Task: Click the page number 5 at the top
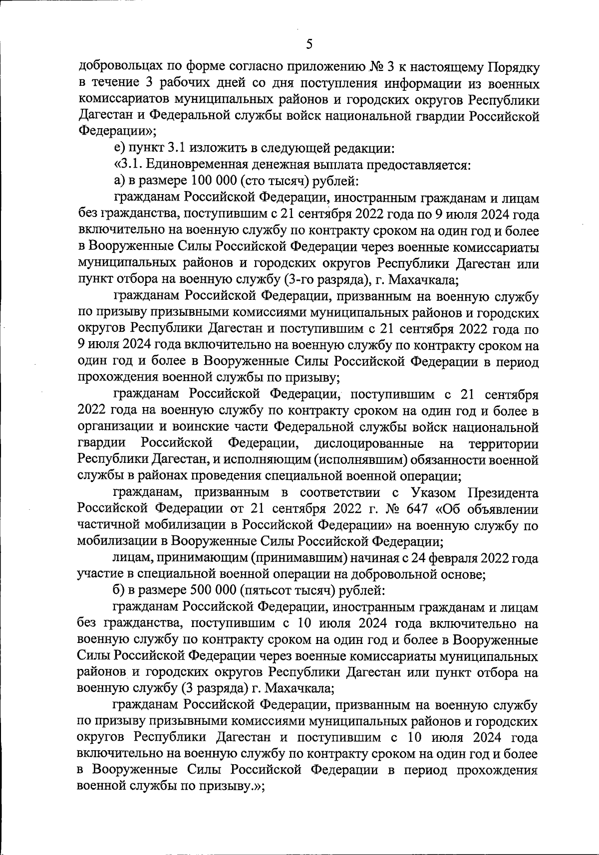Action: tap(309, 44)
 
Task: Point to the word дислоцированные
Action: tap(369, 443)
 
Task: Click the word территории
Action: tap(504, 443)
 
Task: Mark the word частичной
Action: tap(106, 525)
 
